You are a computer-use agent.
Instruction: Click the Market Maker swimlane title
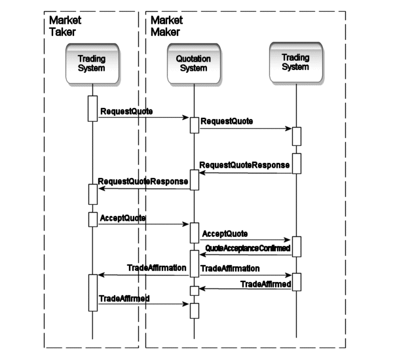point(167,27)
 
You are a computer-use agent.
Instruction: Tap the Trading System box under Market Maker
point(295,62)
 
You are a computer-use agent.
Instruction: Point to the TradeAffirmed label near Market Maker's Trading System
point(266,283)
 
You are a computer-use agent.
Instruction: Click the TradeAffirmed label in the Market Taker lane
point(124,298)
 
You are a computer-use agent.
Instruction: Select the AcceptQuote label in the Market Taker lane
point(122,217)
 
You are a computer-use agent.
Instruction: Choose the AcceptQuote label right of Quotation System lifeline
point(225,233)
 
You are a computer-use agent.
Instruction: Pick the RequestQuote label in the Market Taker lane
point(126,111)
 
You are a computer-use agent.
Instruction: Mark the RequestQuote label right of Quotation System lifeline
point(227,122)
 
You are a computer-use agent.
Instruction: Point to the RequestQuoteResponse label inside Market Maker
point(244,165)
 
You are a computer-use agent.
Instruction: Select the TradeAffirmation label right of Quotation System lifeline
point(230,268)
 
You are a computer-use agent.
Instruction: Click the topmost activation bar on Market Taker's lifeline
point(92,109)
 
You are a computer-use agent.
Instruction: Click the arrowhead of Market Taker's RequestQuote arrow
point(186,118)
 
